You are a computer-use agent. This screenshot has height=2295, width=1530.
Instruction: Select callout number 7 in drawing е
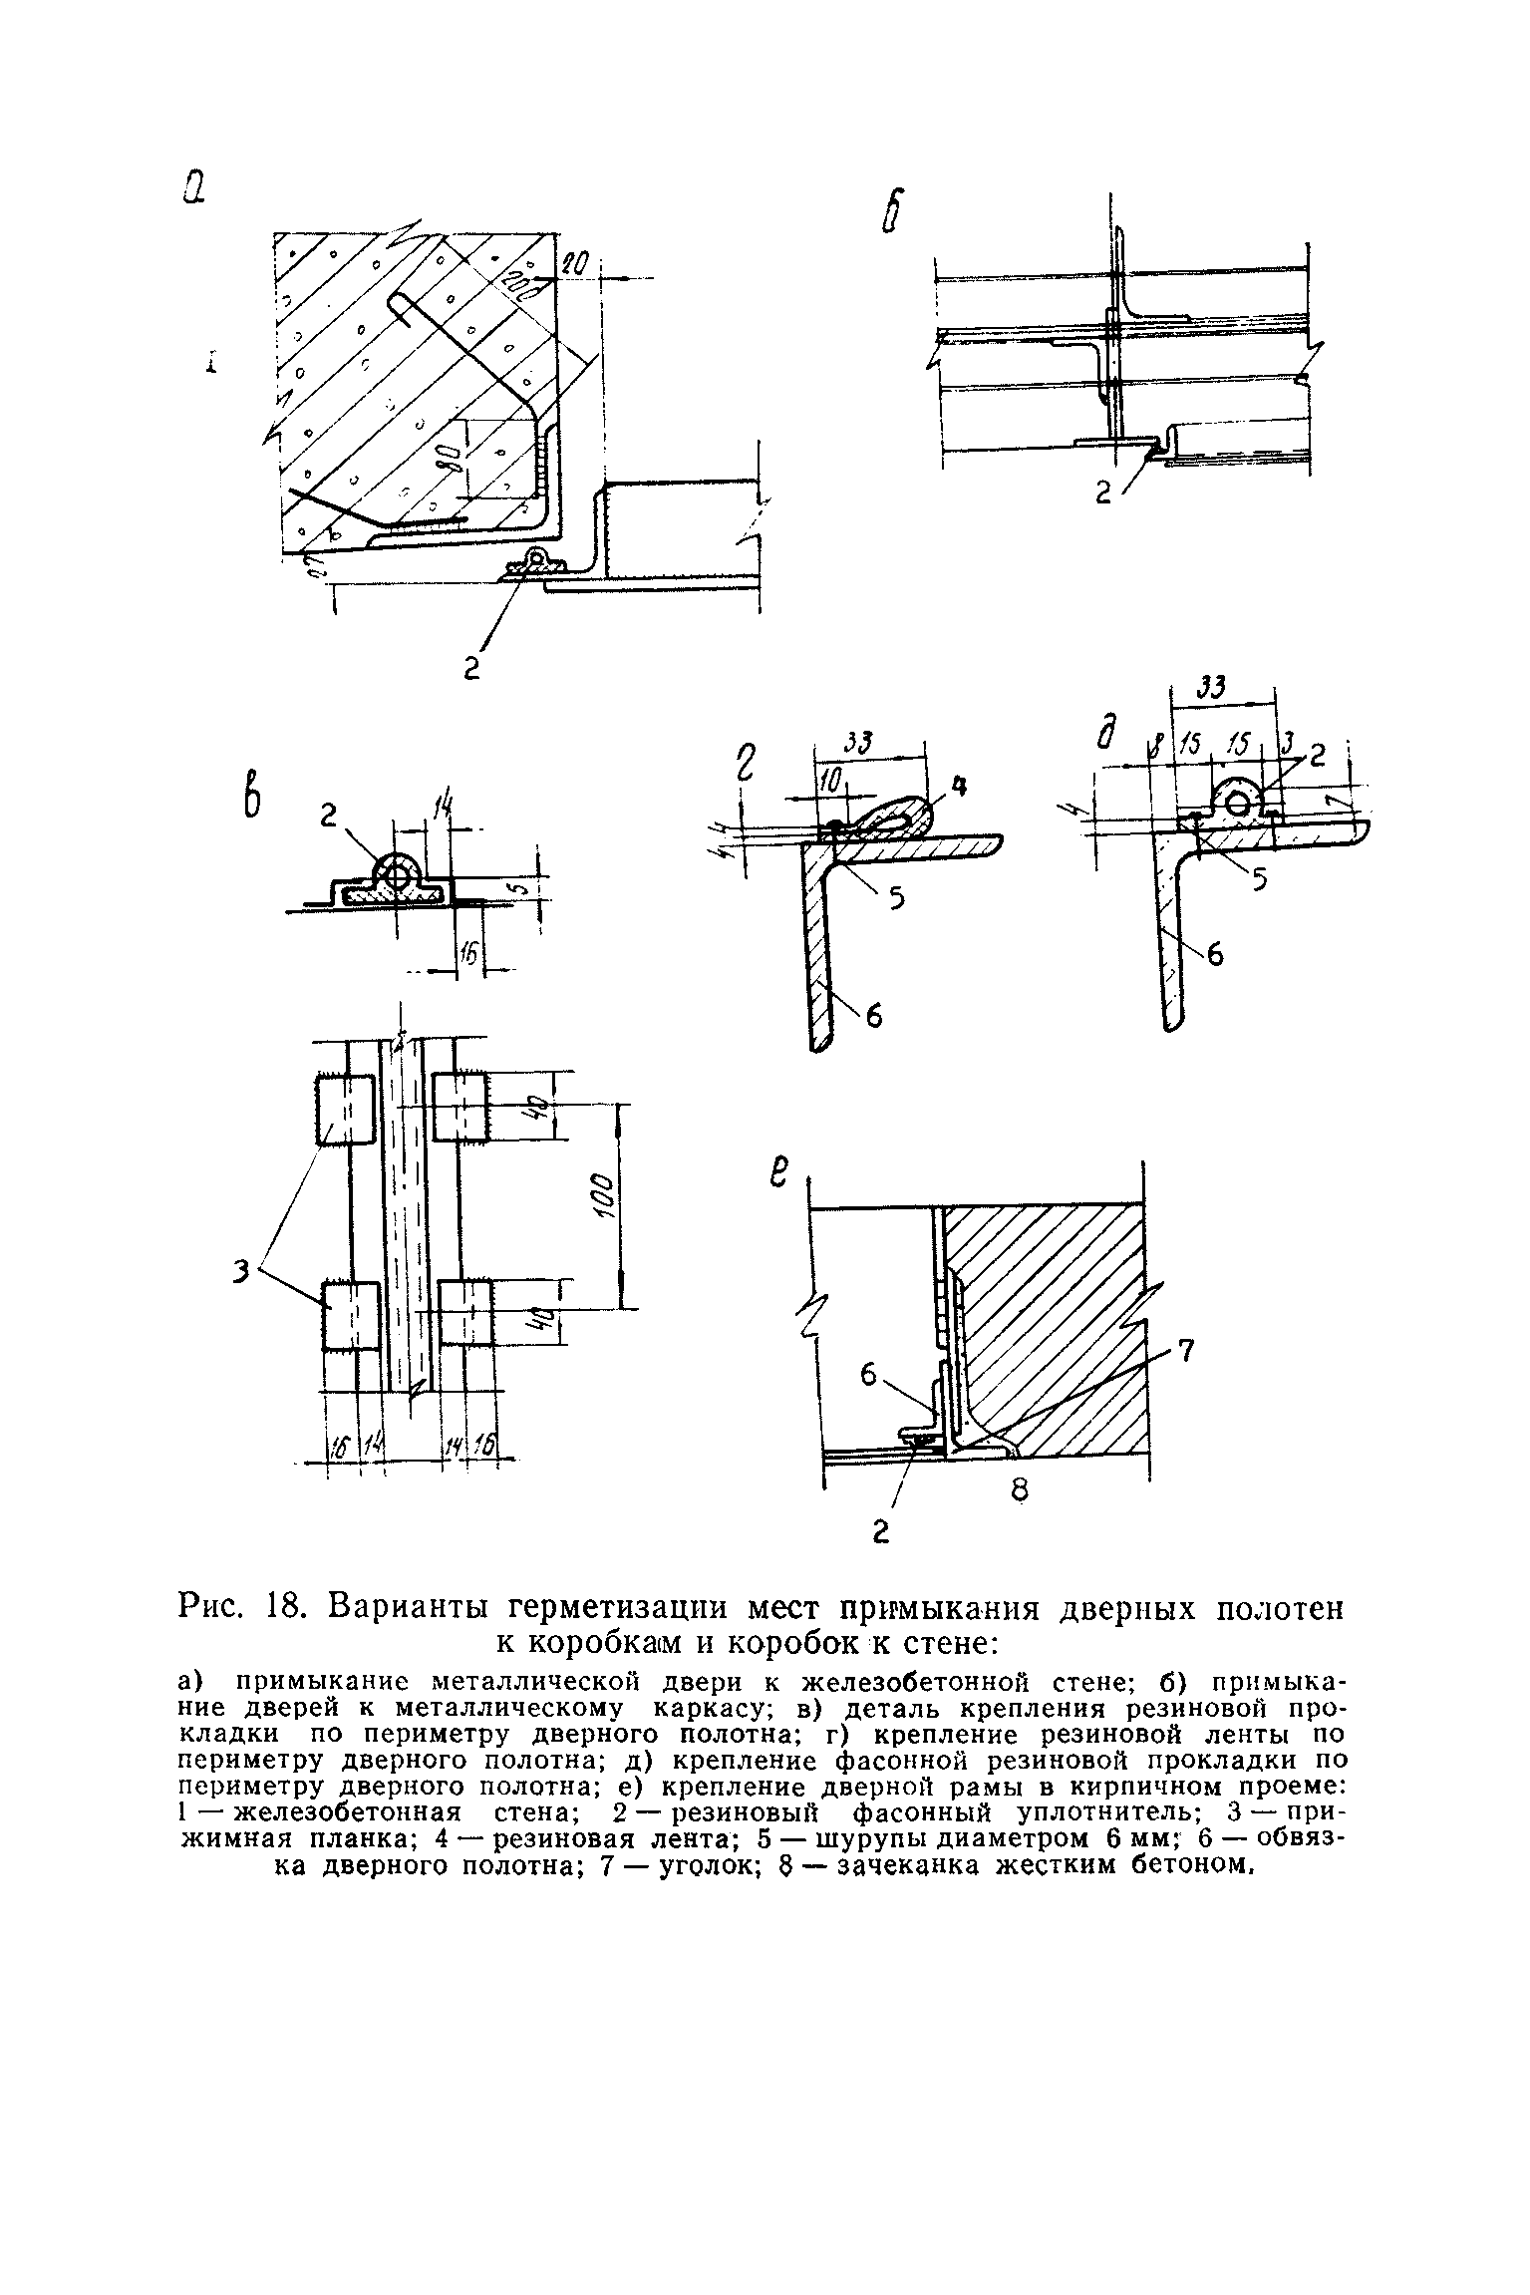pyautogui.click(x=1185, y=1352)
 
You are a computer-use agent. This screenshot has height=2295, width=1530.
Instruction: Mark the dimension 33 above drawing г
pyautogui.click(x=859, y=742)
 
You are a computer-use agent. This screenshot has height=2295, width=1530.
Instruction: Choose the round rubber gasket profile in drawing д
pyautogui.click(x=1236, y=802)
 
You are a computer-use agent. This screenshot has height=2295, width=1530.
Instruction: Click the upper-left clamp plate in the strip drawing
pyautogui.click(x=345, y=1108)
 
